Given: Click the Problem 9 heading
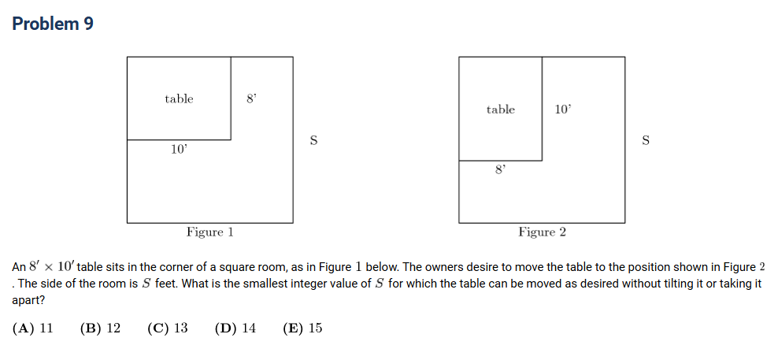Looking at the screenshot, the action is coord(53,24).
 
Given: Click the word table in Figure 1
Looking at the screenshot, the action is coord(179,98).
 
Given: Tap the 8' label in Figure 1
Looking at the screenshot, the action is coord(251,98).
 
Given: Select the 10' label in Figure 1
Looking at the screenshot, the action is coord(179,149).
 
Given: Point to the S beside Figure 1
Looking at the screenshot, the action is coord(313,140).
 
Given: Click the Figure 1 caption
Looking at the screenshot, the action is coord(210,232).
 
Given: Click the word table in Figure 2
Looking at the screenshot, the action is coord(501,109).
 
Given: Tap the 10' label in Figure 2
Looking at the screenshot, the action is coord(563,109).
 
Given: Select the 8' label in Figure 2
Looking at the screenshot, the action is coord(501,170).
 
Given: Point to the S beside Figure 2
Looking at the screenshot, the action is coord(645,140).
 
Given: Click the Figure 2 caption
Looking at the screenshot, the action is coord(542,232).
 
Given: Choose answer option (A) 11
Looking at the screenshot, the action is coord(33,328).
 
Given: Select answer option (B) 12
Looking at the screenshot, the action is coord(100,328).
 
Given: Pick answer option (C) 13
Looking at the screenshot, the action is coord(168,328).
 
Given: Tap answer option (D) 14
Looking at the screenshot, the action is coord(235,328).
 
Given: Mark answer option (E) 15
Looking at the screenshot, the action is coord(302,328).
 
